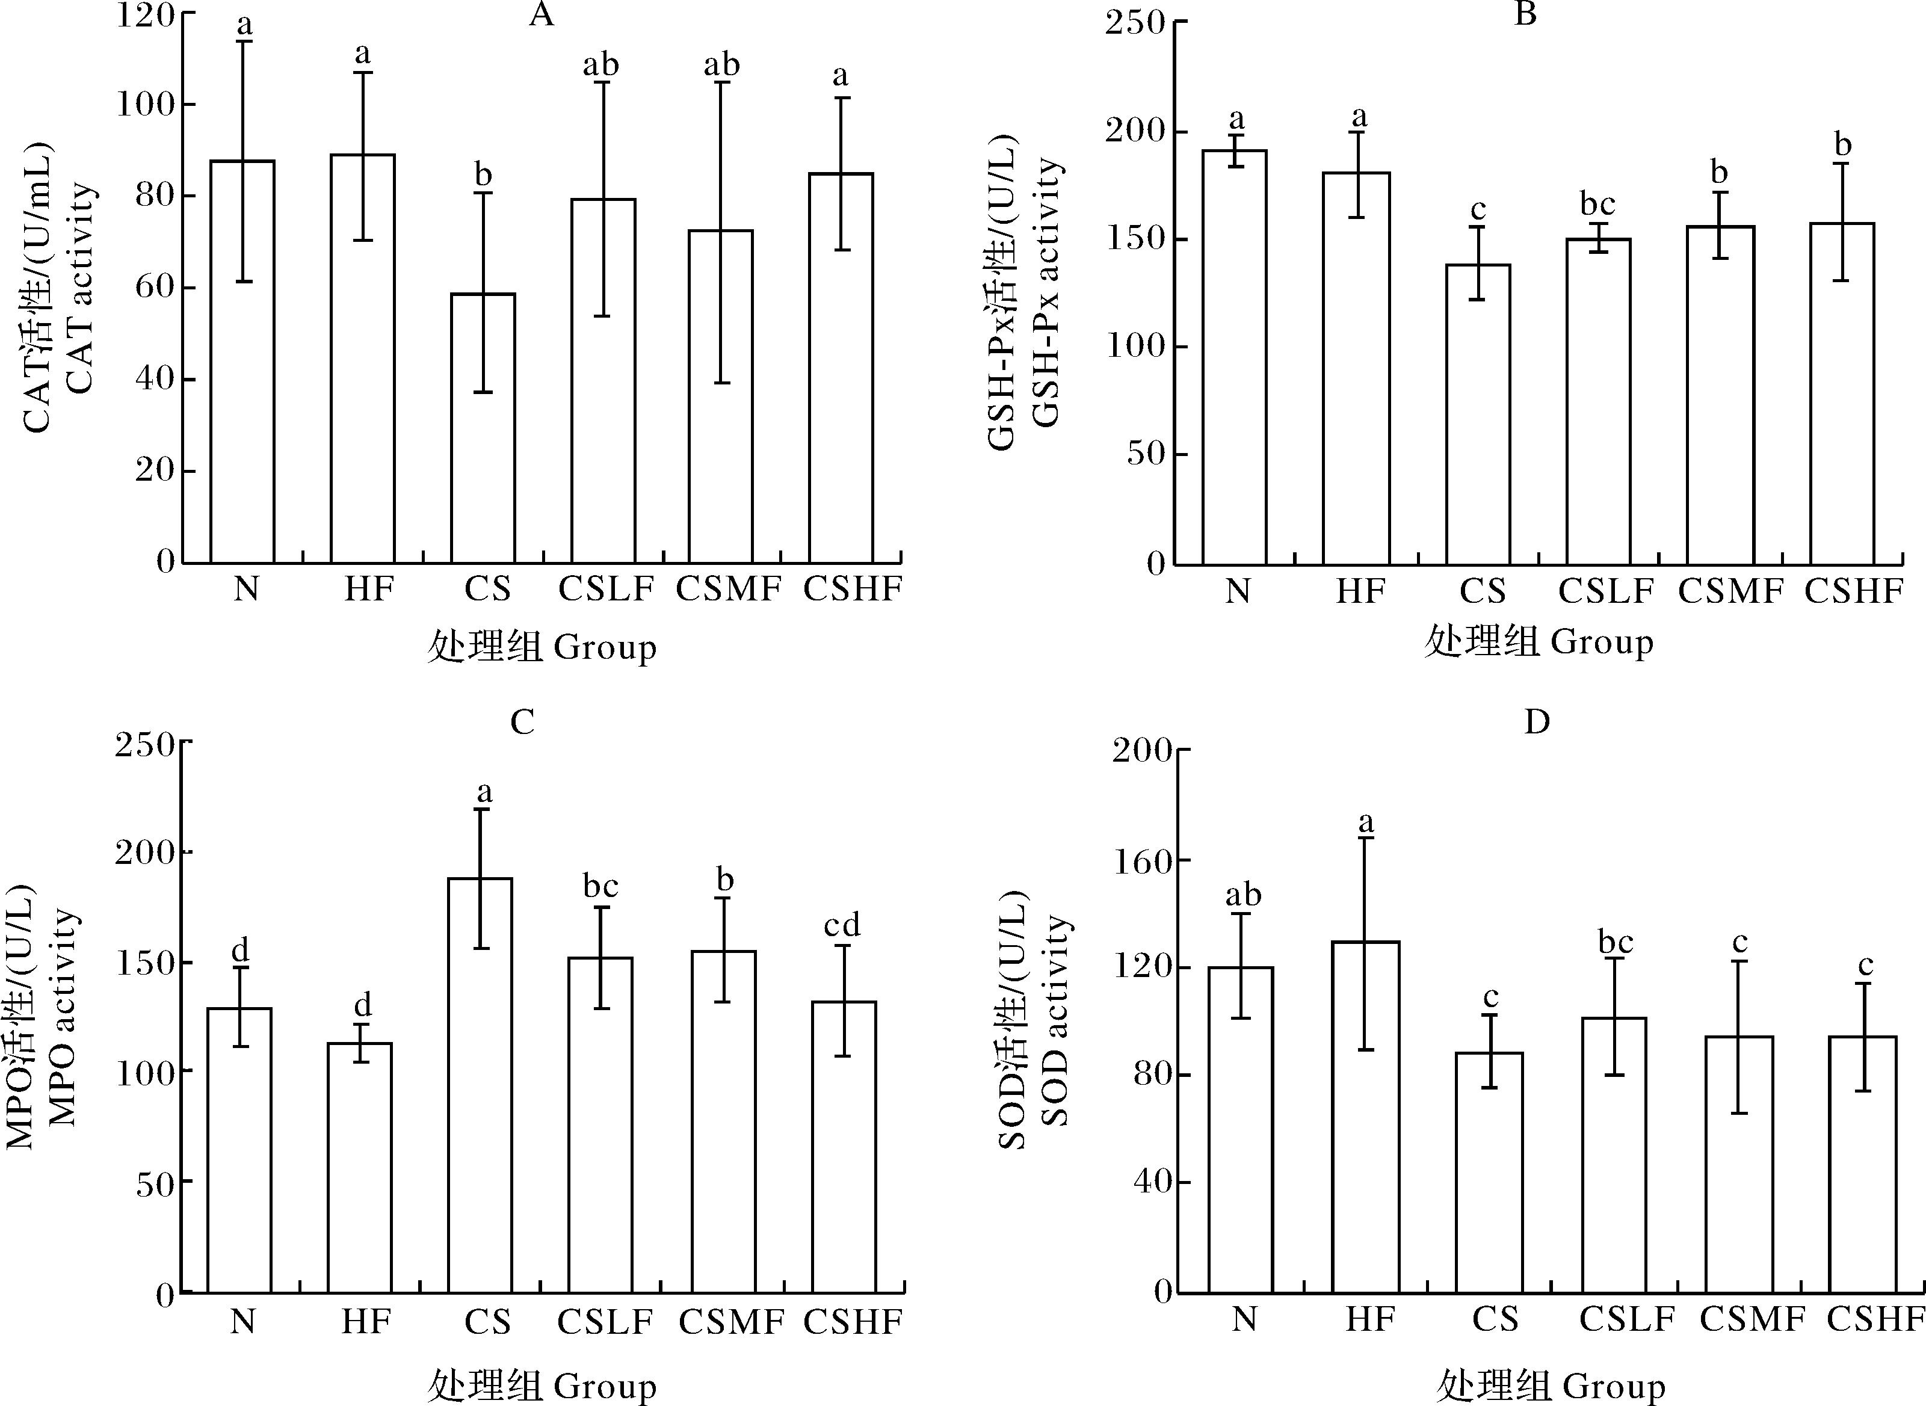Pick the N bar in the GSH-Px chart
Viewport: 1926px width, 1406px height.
1234,357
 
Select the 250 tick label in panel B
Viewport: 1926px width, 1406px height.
1135,22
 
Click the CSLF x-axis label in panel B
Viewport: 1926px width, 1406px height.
1605,591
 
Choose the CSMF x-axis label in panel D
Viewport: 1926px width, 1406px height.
1752,1319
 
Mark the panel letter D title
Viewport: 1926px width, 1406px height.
1536,723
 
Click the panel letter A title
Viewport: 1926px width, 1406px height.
542,14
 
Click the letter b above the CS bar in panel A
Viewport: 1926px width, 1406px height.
483,174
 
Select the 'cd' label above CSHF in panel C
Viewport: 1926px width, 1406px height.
842,925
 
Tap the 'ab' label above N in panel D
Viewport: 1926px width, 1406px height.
1242,895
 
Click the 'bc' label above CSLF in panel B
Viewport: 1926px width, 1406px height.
1597,205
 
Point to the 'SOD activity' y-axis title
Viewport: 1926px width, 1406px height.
1055,1022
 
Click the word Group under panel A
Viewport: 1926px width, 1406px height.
605,648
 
